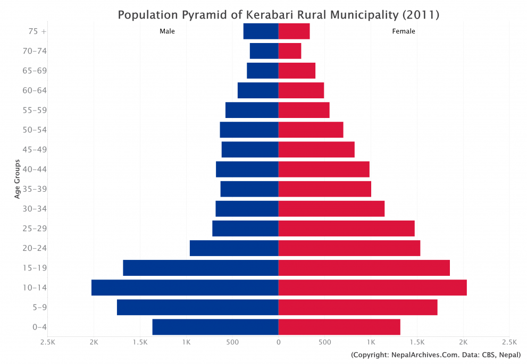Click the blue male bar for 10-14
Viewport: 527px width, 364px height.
pos(185,287)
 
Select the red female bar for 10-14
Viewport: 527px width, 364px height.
pos(372,287)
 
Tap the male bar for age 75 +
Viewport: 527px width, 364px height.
pos(261,31)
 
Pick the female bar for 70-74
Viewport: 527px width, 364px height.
pos(290,51)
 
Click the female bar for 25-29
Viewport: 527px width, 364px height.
pos(346,228)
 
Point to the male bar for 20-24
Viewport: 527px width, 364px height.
pos(234,248)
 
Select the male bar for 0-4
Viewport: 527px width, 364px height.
pos(215,327)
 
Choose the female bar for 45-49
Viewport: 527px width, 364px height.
pos(316,149)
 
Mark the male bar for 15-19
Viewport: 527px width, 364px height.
pos(200,268)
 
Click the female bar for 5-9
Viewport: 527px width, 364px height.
pos(358,307)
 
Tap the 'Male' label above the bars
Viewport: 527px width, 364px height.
pos(167,31)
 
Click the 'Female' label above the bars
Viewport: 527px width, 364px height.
pos(404,31)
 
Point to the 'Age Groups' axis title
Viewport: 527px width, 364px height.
pos(18,179)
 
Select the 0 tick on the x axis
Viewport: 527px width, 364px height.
pos(278,342)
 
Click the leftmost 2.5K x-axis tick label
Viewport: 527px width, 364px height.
pos(48,342)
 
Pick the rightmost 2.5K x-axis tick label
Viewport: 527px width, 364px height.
pos(509,342)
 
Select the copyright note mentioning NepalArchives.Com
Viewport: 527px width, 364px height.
pos(436,355)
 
